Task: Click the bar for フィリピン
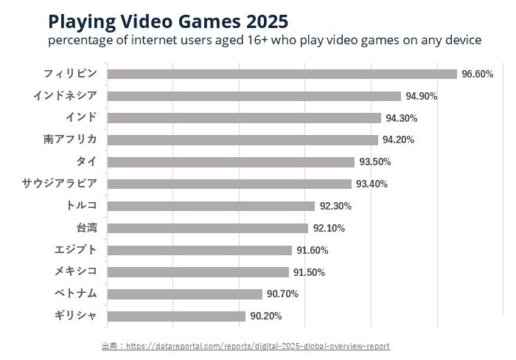pos(282,74)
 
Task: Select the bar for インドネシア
pos(254,96)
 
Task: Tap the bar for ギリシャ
pos(176,316)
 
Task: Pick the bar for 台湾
pos(207,228)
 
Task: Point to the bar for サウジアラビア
pos(229,184)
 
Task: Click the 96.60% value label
pos(477,74)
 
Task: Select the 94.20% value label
pos(398,140)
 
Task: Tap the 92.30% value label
pos(335,206)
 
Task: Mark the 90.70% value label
pos(282,294)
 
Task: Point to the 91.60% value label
pos(312,250)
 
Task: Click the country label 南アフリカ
pos(70,139)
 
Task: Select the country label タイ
pos(86,162)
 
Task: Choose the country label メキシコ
pos(75,271)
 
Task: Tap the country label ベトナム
pos(75,294)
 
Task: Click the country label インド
pos(81,117)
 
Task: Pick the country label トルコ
pos(81,205)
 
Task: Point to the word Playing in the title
pos(79,20)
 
